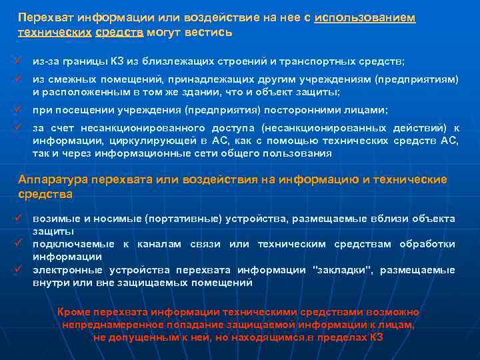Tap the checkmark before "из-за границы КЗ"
tap(21, 61)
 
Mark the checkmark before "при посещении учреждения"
tap(21, 110)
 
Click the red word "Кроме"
tap(75, 312)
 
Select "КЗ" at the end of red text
tap(377, 337)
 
